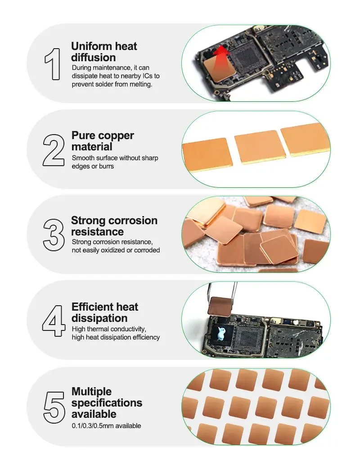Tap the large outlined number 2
click(x=54, y=150)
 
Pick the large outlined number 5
click(x=54, y=407)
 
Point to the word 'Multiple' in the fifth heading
click(x=91, y=392)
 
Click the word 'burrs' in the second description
click(x=107, y=166)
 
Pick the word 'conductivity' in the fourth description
click(x=129, y=329)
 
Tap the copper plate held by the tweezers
click(x=220, y=306)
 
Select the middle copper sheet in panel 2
click(x=260, y=147)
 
